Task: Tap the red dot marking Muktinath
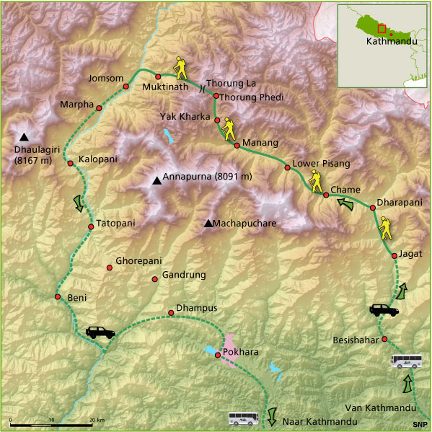pos(158,76)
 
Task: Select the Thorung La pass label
pos(231,84)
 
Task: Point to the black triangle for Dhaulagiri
pos(25,137)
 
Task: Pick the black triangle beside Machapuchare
pos(208,224)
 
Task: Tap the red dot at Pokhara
pos(217,355)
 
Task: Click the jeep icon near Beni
pos(100,332)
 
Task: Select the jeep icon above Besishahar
pos(384,309)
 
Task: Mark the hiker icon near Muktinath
pos(180,69)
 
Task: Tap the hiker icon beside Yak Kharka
pos(229,129)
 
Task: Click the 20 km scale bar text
pos(95,419)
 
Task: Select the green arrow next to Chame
pos(346,205)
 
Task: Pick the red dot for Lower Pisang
pos(287,168)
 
